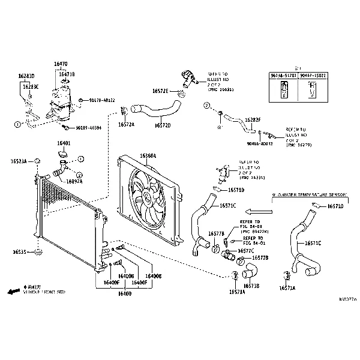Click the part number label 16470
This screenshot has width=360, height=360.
[61, 64]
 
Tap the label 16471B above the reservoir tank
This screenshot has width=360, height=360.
[67, 74]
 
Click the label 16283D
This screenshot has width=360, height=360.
[26, 76]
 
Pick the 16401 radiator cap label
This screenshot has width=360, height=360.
[64, 143]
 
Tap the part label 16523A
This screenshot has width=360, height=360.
[19, 161]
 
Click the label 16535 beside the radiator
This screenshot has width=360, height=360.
[20, 253]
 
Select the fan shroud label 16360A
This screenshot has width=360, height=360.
[148, 156]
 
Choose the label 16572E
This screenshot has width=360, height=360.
[160, 91]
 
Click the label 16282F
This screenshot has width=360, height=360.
[253, 120]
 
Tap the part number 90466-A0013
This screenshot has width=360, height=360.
[259, 144]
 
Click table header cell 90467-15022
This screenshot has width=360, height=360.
[314, 76]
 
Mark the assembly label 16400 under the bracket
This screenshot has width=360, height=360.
[124, 293]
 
